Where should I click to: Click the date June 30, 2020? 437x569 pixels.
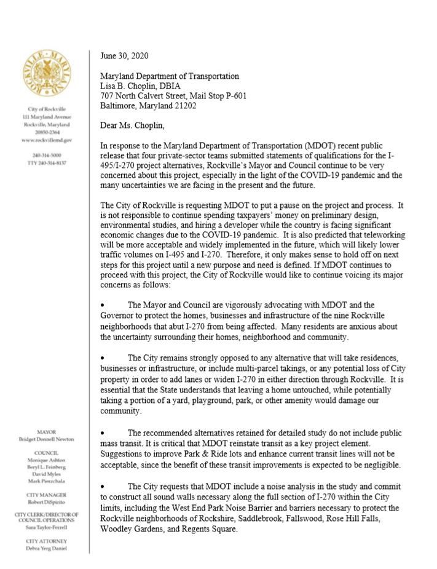[x=127, y=55]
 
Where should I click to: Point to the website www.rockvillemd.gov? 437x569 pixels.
[x=47, y=140]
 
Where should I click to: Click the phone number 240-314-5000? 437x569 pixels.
[x=47, y=156]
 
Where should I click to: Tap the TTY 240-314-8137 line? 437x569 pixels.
[x=47, y=164]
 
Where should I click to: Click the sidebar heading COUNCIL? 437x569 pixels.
[x=47, y=452]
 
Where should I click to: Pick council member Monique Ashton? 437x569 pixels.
[x=47, y=460]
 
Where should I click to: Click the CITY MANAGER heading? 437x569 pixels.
[x=47, y=495]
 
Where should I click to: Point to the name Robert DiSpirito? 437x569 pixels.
[x=47, y=502]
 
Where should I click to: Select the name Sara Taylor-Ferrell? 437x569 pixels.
[x=47, y=528]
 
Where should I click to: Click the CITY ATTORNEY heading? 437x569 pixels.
[x=47, y=541]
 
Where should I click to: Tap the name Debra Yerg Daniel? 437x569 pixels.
[x=47, y=549]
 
